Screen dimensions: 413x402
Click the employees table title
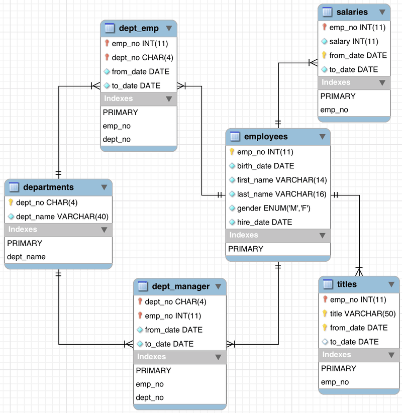266,137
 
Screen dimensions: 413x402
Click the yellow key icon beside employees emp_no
232,152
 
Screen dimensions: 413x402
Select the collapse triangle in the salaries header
382,12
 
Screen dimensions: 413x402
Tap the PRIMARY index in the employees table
246,249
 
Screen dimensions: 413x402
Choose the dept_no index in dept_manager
150,397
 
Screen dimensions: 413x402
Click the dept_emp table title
139,28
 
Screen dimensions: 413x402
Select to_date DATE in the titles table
354,342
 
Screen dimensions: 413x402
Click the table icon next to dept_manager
142,286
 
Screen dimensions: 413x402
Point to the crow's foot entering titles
359,271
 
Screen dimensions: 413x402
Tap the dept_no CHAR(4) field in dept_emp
143,57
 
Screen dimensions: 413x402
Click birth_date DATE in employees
265,166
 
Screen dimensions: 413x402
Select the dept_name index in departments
26,257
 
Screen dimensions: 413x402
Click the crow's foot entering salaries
313,63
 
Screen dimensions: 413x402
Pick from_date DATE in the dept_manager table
173,330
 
